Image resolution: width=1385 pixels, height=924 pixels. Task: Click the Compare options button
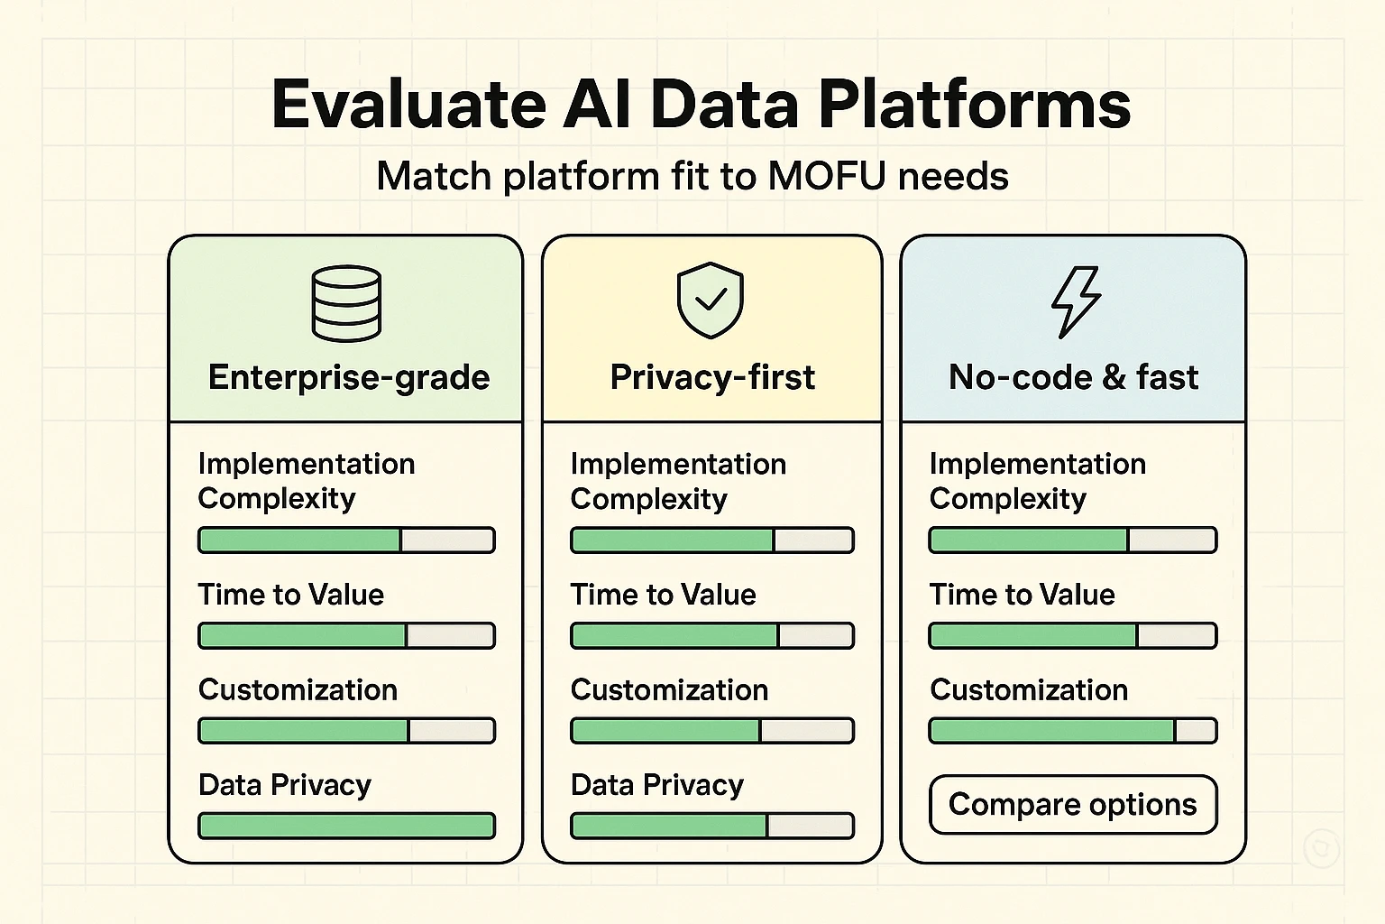[1073, 804]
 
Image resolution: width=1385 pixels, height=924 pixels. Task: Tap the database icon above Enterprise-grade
[346, 303]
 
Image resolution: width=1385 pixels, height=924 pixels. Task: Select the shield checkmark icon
[711, 300]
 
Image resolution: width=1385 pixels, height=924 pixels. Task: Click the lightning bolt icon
[1076, 302]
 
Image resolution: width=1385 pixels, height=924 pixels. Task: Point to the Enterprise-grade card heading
[349, 377]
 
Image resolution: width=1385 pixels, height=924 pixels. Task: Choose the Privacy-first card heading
[712, 377]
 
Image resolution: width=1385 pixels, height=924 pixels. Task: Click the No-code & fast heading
[1073, 377]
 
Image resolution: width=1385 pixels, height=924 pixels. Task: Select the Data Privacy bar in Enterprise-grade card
[346, 826]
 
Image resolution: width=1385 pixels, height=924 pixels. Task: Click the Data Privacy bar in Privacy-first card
[712, 826]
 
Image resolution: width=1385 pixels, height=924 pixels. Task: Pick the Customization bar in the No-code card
[1073, 730]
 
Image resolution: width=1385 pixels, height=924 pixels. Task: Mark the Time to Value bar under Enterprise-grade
[346, 635]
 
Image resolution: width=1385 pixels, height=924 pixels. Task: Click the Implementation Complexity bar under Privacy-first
[712, 541]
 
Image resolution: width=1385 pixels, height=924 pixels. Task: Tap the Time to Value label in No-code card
[1022, 595]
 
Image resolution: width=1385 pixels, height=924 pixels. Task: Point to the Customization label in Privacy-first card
[669, 690]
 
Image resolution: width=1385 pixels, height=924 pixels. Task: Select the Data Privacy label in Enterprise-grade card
[285, 785]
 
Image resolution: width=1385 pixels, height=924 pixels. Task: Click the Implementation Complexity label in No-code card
[1037, 481]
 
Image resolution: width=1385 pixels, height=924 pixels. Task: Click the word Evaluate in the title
[408, 105]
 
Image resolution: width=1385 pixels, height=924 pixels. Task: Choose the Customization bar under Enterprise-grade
[346, 730]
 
